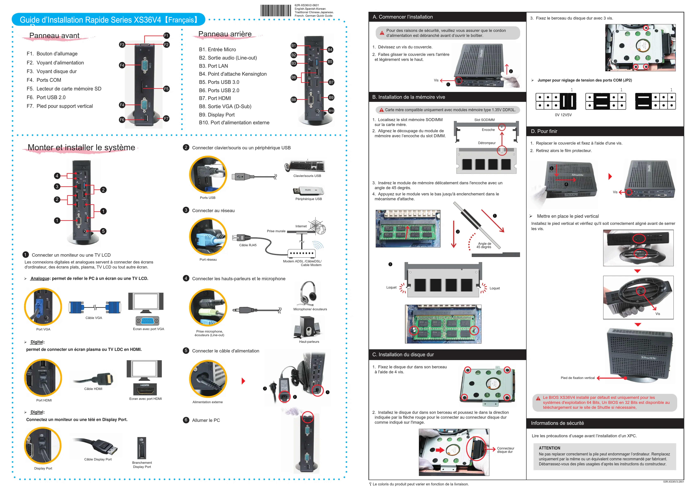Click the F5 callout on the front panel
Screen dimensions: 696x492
pyautogui.click(x=166, y=89)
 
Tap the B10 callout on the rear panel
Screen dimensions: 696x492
pyautogui.click(x=331, y=111)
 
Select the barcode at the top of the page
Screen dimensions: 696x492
pyautogui.click(x=276, y=11)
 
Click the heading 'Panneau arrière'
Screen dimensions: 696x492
pyautogui.click(x=225, y=34)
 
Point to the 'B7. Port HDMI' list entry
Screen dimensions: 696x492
pyautogui.click(x=215, y=98)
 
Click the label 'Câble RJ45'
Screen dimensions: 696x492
pyautogui.click(x=248, y=245)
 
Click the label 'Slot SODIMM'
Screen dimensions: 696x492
pyautogui.click(x=484, y=120)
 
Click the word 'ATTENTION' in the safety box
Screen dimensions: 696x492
pyautogui.click(x=550, y=448)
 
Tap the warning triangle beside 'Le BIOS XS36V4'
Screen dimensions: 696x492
pyautogui.click(x=538, y=398)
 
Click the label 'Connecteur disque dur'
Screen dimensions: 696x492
pyautogui.click(x=506, y=450)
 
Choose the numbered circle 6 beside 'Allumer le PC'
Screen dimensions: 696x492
pyautogui.click(x=186, y=420)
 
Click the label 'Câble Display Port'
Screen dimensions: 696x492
pyautogui.click(x=98, y=459)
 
